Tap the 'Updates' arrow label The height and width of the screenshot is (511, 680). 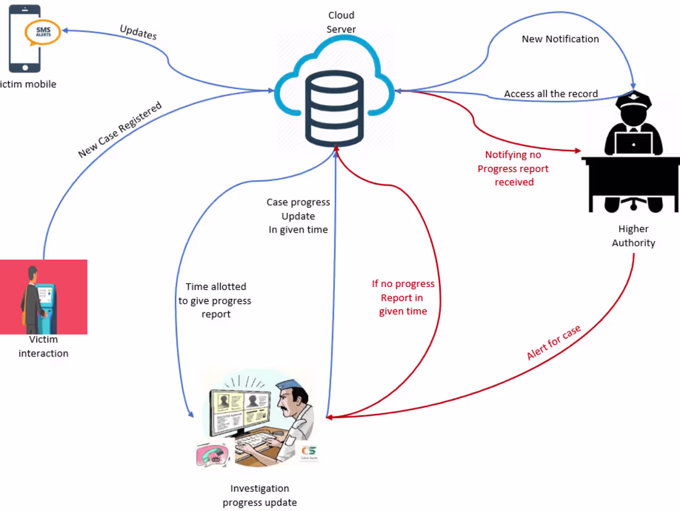138,32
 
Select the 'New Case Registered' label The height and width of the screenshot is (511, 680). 120,129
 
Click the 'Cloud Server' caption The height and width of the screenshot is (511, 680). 341,22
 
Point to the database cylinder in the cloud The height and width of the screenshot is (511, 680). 334,106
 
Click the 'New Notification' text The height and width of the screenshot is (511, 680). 560,39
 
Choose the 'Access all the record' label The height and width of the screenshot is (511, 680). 551,94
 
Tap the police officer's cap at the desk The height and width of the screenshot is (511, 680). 632,99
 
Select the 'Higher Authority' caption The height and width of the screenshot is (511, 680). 634,236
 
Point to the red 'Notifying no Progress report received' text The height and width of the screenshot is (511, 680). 513,168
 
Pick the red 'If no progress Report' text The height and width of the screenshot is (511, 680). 403,298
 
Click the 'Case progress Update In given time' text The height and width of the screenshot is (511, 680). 299,216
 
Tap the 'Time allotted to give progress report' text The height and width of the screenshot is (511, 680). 215,300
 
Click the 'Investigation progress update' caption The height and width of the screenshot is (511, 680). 260,496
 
